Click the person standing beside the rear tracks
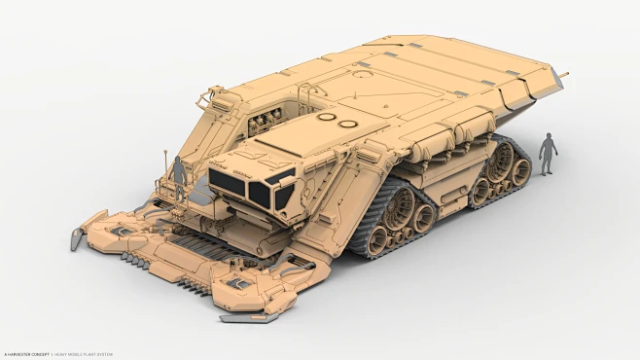549,155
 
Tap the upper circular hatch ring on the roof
327,117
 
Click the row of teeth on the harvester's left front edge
136,257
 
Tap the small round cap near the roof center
362,64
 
